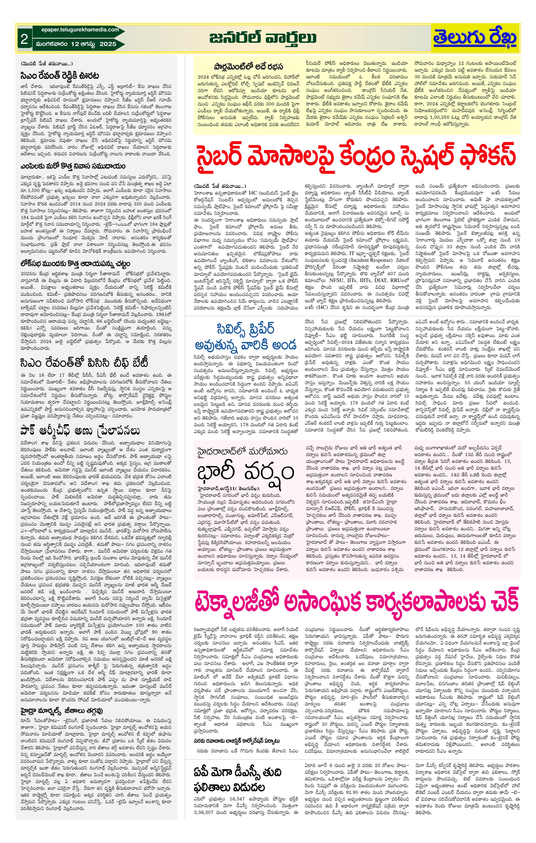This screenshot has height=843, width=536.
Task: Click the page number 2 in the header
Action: click(x=24, y=39)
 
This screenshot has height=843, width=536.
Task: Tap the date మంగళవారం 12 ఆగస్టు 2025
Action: click(x=76, y=44)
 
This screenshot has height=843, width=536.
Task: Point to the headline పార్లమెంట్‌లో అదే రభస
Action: click(x=248, y=66)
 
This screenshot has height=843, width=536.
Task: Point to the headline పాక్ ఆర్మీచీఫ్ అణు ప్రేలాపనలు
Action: click(x=80, y=431)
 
